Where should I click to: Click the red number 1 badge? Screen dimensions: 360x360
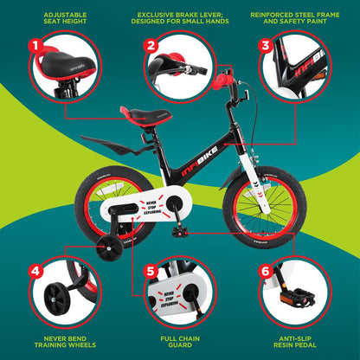click(x=35, y=43)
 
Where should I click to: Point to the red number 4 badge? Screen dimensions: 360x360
click(x=35, y=270)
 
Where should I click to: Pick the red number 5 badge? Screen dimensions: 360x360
click(x=151, y=270)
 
